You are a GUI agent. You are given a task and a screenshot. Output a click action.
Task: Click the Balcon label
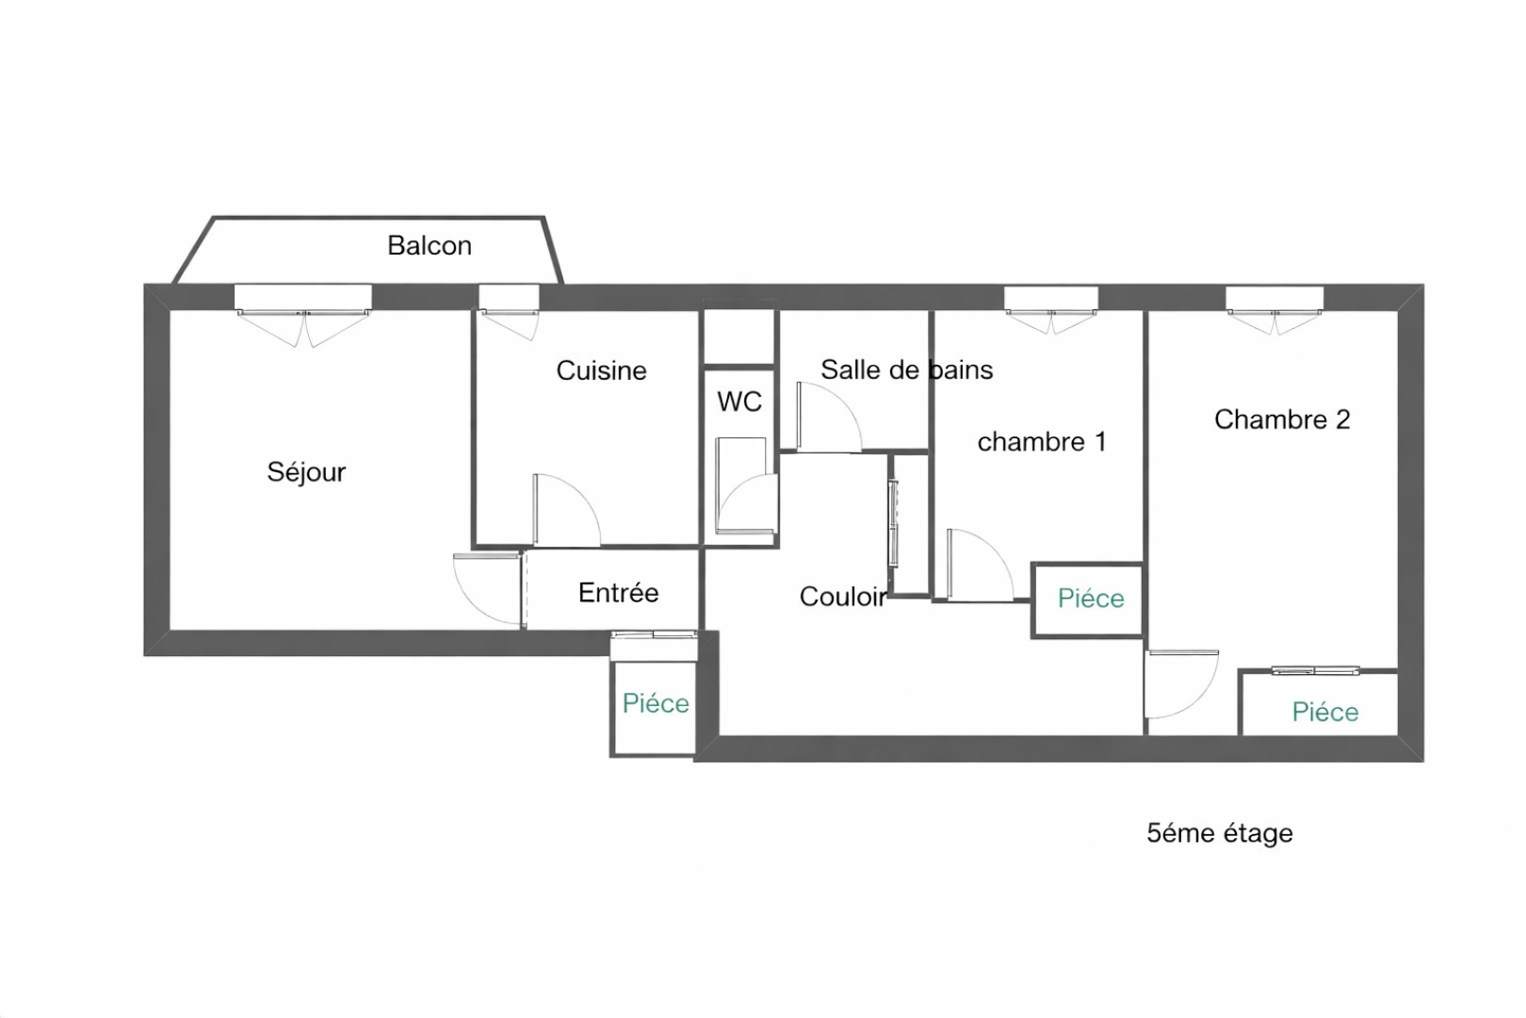click(x=430, y=246)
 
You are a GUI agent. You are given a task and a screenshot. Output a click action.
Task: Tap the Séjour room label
click(x=306, y=471)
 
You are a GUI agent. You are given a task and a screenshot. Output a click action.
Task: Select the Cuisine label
click(x=601, y=370)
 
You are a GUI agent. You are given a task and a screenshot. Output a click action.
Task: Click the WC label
click(x=739, y=402)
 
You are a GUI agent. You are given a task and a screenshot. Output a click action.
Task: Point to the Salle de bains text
click(x=906, y=369)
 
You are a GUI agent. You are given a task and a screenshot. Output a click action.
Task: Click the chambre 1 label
click(x=1042, y=441)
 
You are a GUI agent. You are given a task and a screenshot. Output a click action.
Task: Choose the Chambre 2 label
click(x=1282, y=419)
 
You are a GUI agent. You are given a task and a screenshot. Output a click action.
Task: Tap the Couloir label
click(x=842, y=597)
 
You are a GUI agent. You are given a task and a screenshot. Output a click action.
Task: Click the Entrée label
click(x=618, y=593)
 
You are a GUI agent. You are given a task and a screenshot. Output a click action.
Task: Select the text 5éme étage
click(x=1220, y=833)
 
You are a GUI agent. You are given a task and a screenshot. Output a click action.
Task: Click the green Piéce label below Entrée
click(x=656, y=703)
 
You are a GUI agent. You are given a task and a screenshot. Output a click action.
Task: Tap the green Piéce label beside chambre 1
click(x=1091, y=599)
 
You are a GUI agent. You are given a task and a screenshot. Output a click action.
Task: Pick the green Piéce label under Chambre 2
click(x=1325, y=712)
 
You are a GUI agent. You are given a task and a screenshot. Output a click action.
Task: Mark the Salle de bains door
click(x=827, y=417)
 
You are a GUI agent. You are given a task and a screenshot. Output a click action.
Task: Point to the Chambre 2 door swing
click(x=1180, y=682)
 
